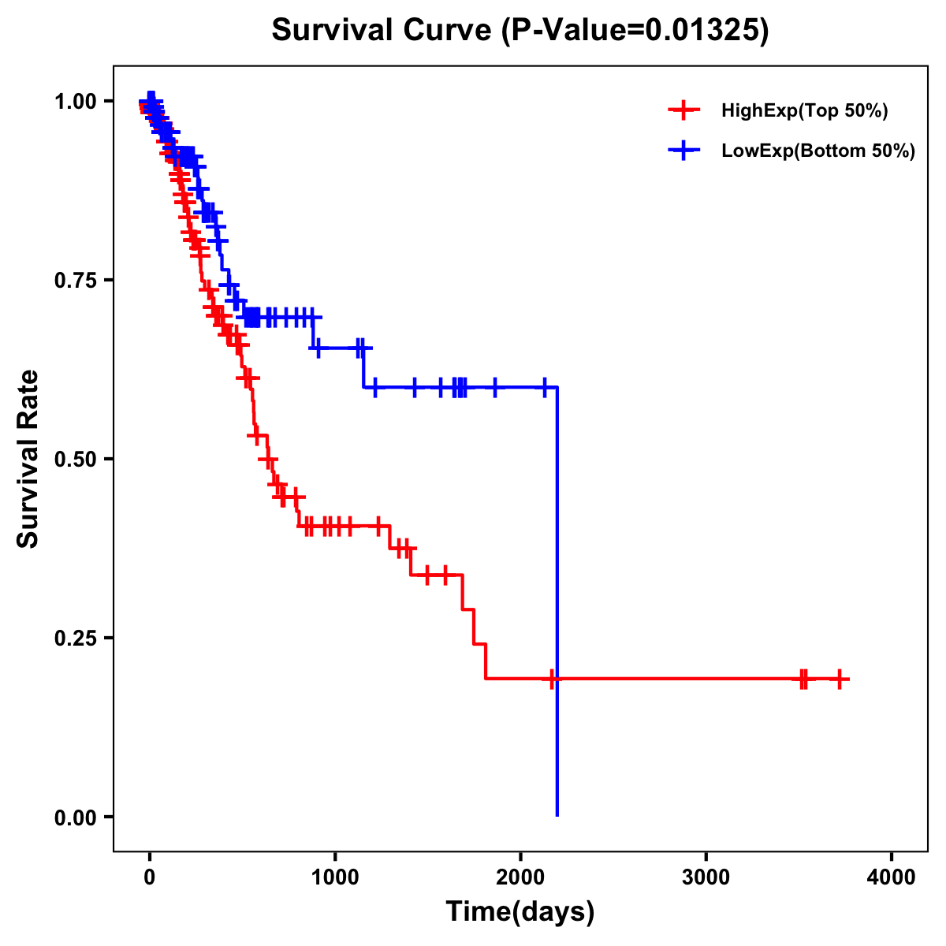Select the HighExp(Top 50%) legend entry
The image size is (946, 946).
[804, 111]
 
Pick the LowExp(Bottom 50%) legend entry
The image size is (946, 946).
[818, 151]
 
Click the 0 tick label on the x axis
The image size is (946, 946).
[150, 877]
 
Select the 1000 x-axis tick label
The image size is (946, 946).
[335, 877]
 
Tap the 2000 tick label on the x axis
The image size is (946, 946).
[520, 877]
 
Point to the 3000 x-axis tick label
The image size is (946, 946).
[706, 877]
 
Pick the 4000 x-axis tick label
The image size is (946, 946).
[891, 877]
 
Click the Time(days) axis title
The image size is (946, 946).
[520, 912]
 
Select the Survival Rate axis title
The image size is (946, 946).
[28, 459]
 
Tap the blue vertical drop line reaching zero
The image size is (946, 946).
[557, 599]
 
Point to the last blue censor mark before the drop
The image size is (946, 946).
[544, 387]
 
